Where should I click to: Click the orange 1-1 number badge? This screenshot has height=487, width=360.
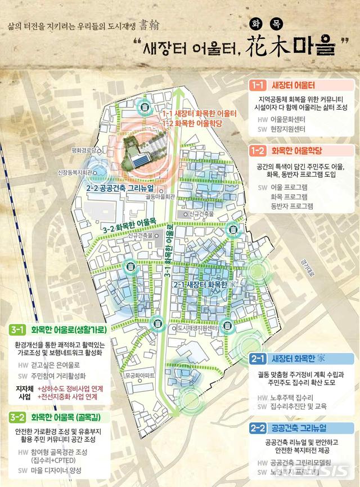pyautogui.click(x=258, y=86)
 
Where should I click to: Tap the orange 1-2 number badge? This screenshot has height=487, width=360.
pyautogui.click(x=258, y=150)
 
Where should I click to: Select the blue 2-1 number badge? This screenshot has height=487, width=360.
pyautogui.click(x=258, y=359)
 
